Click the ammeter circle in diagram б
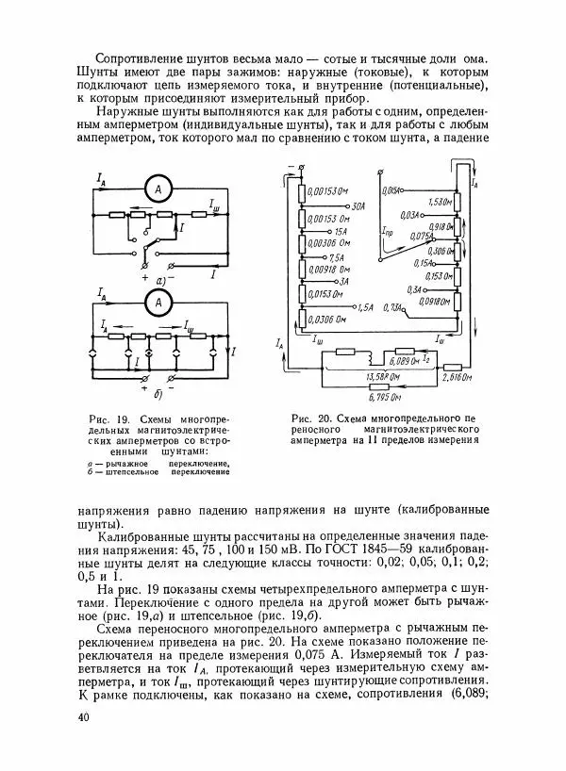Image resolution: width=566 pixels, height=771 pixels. pyautogui.click(x=160, y=303)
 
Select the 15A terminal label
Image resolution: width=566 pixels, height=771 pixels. pyautogui.click(x=341, y=231)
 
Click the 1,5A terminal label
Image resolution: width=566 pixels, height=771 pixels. pyautogui.click(x=366, y=307)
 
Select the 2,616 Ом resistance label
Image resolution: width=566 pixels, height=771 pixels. pyautogui.click(x=458, y=376)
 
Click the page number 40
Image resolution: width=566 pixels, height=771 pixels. pyautogui.click(x=86, y=718)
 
